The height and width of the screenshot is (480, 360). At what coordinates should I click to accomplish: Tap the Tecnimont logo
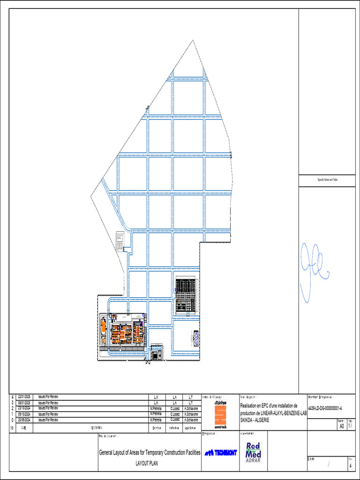pos(221,452)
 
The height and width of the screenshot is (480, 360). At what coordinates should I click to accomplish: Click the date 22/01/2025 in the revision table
pos(24,397)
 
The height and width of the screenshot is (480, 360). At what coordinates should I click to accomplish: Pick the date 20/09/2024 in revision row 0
pos(24,420)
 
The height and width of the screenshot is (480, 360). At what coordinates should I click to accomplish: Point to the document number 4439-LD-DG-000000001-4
pos(325,408)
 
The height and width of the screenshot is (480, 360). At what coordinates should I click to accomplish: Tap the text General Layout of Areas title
pos(150,453)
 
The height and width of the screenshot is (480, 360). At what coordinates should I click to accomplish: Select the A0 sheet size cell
pos(341,427)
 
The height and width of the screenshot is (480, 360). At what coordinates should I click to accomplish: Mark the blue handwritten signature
pos(312,272)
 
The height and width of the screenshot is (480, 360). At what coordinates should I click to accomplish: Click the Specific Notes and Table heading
pos(327,180)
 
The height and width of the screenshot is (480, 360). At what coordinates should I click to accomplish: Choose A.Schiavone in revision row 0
pos(191,420)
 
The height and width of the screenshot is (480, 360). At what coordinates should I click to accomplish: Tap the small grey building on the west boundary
pos(120,240)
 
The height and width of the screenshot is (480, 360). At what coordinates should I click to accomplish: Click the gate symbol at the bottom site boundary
pos(148,361)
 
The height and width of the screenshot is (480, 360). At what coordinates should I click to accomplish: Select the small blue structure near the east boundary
pos(196,337)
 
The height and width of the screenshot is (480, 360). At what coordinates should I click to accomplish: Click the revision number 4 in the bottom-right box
pos(350,465)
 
